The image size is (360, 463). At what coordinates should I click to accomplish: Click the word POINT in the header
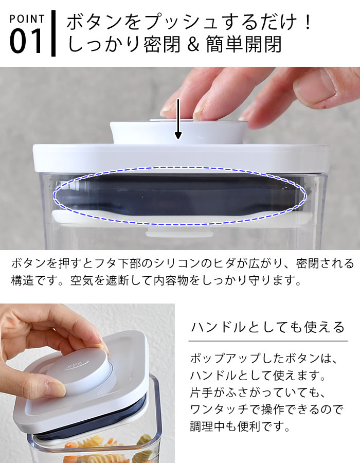27,19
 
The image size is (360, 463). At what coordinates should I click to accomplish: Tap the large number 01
27,41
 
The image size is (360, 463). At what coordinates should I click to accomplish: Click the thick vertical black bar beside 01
53,33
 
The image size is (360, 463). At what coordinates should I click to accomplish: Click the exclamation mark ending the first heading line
308,22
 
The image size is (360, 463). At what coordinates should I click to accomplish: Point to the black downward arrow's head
178,135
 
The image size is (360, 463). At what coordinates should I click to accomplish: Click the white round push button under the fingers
179,131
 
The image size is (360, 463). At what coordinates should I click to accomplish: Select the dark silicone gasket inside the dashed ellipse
180,196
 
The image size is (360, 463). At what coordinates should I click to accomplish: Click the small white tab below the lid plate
179,234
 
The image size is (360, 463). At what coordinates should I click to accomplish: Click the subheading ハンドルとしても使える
267,327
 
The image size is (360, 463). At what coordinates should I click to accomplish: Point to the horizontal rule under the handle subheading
268,341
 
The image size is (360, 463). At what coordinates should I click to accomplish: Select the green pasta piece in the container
144,442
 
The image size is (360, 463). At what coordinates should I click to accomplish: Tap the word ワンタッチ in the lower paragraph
220,409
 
